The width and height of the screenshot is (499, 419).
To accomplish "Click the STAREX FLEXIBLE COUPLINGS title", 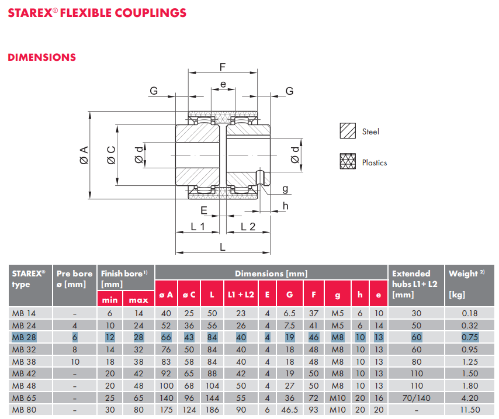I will coord(97,13).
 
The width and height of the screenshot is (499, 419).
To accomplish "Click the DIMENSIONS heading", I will coord(41,57).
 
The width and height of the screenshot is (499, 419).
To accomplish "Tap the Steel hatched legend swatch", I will coord(348,131).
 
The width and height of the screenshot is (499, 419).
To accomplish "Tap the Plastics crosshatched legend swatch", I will coord(348,162).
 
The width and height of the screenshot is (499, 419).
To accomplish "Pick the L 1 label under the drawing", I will coord(197,227).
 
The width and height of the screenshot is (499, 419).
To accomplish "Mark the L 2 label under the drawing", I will coord(248,227).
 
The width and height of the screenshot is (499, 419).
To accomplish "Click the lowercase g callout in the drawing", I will coord(285,188).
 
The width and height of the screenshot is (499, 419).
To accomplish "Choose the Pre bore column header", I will coord(74,279).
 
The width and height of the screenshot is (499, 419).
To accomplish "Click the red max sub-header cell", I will coord(138,300).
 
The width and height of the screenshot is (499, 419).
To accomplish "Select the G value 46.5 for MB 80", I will coord(289,410).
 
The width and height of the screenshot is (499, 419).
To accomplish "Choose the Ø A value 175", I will coord(166,410).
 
